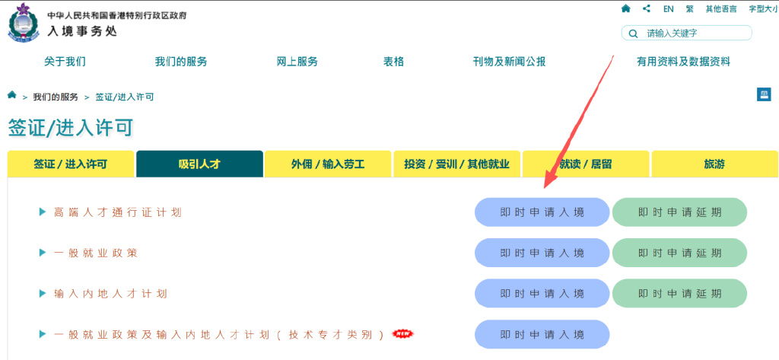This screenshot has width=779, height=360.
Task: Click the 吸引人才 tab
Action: coord(199,164)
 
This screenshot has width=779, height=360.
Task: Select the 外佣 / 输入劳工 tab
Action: coord(328,164)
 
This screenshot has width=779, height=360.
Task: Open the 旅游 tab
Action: coord(714,164)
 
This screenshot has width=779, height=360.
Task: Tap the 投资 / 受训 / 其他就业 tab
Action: coord(456,164)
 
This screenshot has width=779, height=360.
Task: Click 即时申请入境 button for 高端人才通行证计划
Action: coord(542,212)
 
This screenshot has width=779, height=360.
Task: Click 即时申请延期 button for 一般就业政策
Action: coord(679,253)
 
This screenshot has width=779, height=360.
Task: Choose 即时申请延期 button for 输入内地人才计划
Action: coord(679,293)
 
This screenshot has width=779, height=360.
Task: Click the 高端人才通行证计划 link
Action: coord(118,212)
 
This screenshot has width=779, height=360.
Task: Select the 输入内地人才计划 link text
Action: coord(110,294)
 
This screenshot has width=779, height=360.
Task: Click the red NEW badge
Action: coord(403,333)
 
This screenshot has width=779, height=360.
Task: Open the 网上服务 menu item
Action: coord(297,62)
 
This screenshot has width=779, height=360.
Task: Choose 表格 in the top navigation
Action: coord(393,62)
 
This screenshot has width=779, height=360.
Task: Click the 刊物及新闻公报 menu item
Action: coord(509,62)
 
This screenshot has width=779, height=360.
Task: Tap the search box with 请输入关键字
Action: coord(687,33)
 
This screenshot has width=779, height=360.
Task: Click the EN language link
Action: coord(668,9)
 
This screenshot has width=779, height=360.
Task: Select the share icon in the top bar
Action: coord(647,8)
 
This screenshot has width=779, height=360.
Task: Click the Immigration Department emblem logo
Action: coord(23,23)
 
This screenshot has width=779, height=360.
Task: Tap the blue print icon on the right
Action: coord(764,94)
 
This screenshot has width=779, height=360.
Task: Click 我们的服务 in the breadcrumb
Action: coord(56,97)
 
